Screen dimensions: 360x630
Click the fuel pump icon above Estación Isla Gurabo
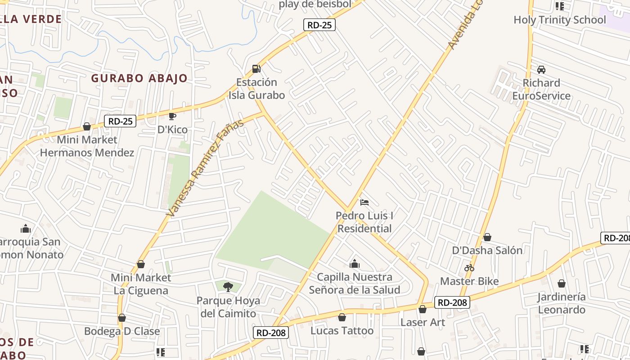(x=256, y=69)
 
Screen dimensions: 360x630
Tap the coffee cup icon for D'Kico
(x=172, y=117)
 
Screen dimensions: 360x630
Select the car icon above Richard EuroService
(x=541, y=70)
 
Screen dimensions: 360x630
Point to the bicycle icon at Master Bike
(x=469, y=268)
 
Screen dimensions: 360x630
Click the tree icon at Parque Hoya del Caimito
(x=228, y=287)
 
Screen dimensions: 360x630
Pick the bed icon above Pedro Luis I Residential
(x=364, y=202)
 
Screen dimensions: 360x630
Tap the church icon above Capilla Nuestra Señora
(x=355, y=263)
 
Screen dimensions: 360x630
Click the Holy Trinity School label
(x=560, y=20)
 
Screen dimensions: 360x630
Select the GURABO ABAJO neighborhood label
(x=139, y=78)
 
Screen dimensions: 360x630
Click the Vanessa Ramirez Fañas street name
(x=205, y=167)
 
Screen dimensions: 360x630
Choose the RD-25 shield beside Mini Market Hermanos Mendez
(x=120, y=121)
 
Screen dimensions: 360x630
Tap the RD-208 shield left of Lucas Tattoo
(x=270, y=333)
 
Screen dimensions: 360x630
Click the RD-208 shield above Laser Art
(x=452, y=302)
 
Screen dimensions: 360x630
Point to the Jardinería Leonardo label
(x=562, y=303)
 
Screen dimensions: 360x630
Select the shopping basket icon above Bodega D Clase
(x=122, y=318)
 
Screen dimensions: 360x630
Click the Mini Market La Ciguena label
(x=141, y=284)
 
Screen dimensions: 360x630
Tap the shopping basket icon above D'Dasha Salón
(x=487, y=237)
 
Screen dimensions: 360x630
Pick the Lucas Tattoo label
(x=342, y=331)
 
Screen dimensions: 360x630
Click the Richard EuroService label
(x=541, y=90)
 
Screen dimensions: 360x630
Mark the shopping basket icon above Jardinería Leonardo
(x=562, y=283)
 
